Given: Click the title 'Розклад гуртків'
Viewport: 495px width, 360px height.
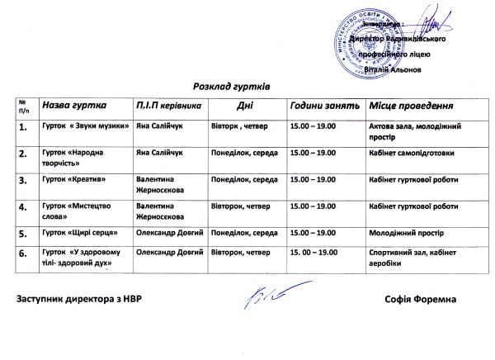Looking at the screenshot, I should [232, 85].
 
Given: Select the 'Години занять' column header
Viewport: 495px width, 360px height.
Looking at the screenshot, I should [324, 107].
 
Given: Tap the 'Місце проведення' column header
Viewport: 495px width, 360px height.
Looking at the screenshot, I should [412, 107].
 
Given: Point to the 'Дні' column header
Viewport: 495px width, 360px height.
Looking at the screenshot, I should [245, 107].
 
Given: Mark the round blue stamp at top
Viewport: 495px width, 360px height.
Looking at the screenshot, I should [365, 43].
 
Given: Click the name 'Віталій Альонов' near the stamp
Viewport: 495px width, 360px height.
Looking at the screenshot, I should [398, 71].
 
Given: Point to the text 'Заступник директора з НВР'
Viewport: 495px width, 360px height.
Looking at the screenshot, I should [73, 297].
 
